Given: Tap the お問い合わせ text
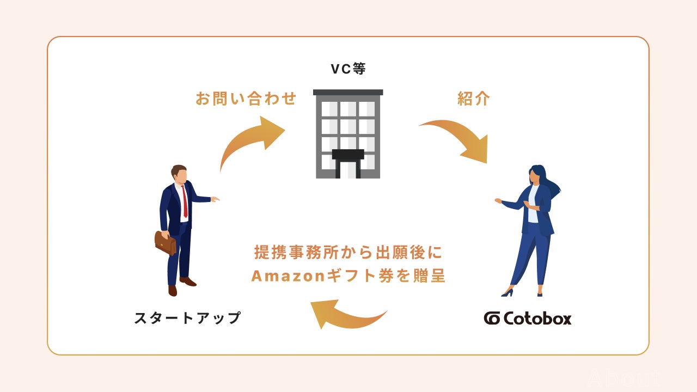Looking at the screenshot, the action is point(246,99).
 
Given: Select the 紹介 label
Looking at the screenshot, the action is point(473,99).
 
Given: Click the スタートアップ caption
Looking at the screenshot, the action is point(187,318).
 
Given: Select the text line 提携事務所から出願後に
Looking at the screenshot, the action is point(349,253).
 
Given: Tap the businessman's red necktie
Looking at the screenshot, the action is point(185,200).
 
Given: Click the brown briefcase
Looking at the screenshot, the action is point(165,243).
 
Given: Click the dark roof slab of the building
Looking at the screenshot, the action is point(348,92).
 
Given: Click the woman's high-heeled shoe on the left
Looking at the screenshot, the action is point(508,292).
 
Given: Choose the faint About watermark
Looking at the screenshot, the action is point(623,378).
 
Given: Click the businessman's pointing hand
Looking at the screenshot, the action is point(215,199).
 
